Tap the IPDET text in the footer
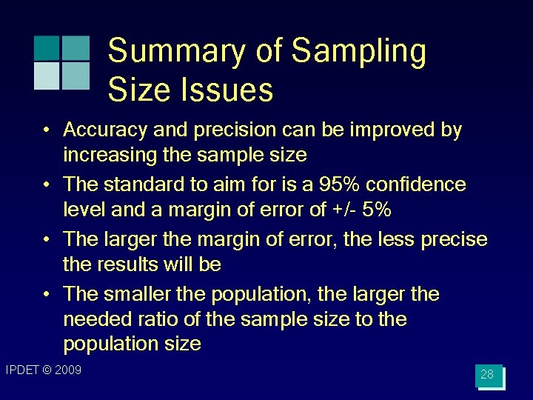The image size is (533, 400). [23, 370]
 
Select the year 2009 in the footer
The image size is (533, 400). [67, 370]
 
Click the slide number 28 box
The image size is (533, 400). [488, 376]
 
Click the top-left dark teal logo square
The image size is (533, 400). [47, 48]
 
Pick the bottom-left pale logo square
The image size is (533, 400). [47, 76]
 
